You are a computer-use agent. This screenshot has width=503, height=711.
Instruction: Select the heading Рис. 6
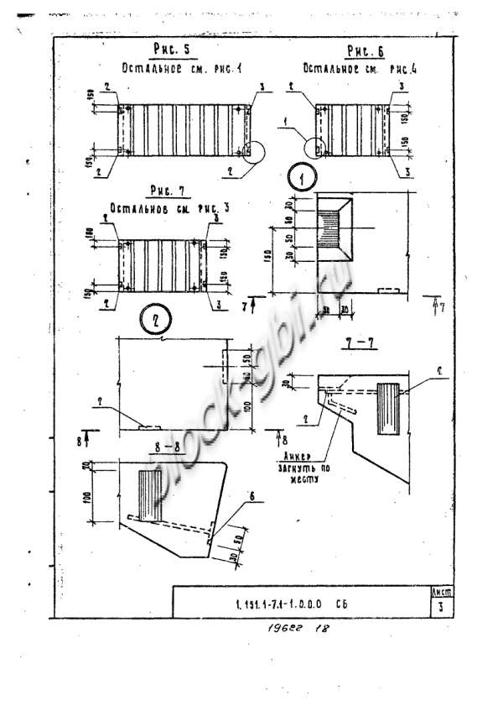(x=364, y=52)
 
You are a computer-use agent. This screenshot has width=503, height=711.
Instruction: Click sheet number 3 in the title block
(x=440, y=609)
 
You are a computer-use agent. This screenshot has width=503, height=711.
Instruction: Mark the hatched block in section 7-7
(x=392, y=409)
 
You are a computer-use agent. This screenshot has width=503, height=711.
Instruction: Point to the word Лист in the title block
(x=440, y=592)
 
